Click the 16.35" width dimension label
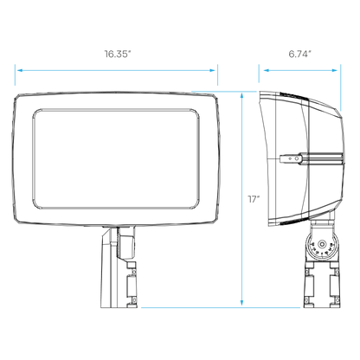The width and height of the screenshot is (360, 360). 118,54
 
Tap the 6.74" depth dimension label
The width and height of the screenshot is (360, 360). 300,54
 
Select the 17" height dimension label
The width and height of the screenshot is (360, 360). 254,199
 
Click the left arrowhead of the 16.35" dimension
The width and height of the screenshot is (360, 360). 19,70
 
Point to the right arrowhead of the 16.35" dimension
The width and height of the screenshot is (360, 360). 213,70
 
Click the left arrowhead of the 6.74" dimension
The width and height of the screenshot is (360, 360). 267,70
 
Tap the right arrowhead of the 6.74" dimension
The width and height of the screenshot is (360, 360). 334,70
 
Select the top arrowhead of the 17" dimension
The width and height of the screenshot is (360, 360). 241,96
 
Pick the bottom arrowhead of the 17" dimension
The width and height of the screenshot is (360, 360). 241,302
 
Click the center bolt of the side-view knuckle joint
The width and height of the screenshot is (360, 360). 322,245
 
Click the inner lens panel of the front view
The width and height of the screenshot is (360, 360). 116,159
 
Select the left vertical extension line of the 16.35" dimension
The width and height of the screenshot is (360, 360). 15,75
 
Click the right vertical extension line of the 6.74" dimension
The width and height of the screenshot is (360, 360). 341,87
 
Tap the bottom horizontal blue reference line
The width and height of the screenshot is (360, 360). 221,307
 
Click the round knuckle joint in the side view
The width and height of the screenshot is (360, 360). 322,245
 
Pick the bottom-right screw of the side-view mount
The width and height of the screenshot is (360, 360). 337,300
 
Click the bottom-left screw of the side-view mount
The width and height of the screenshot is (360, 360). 307,300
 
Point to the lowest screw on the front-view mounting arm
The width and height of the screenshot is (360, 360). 133,300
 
